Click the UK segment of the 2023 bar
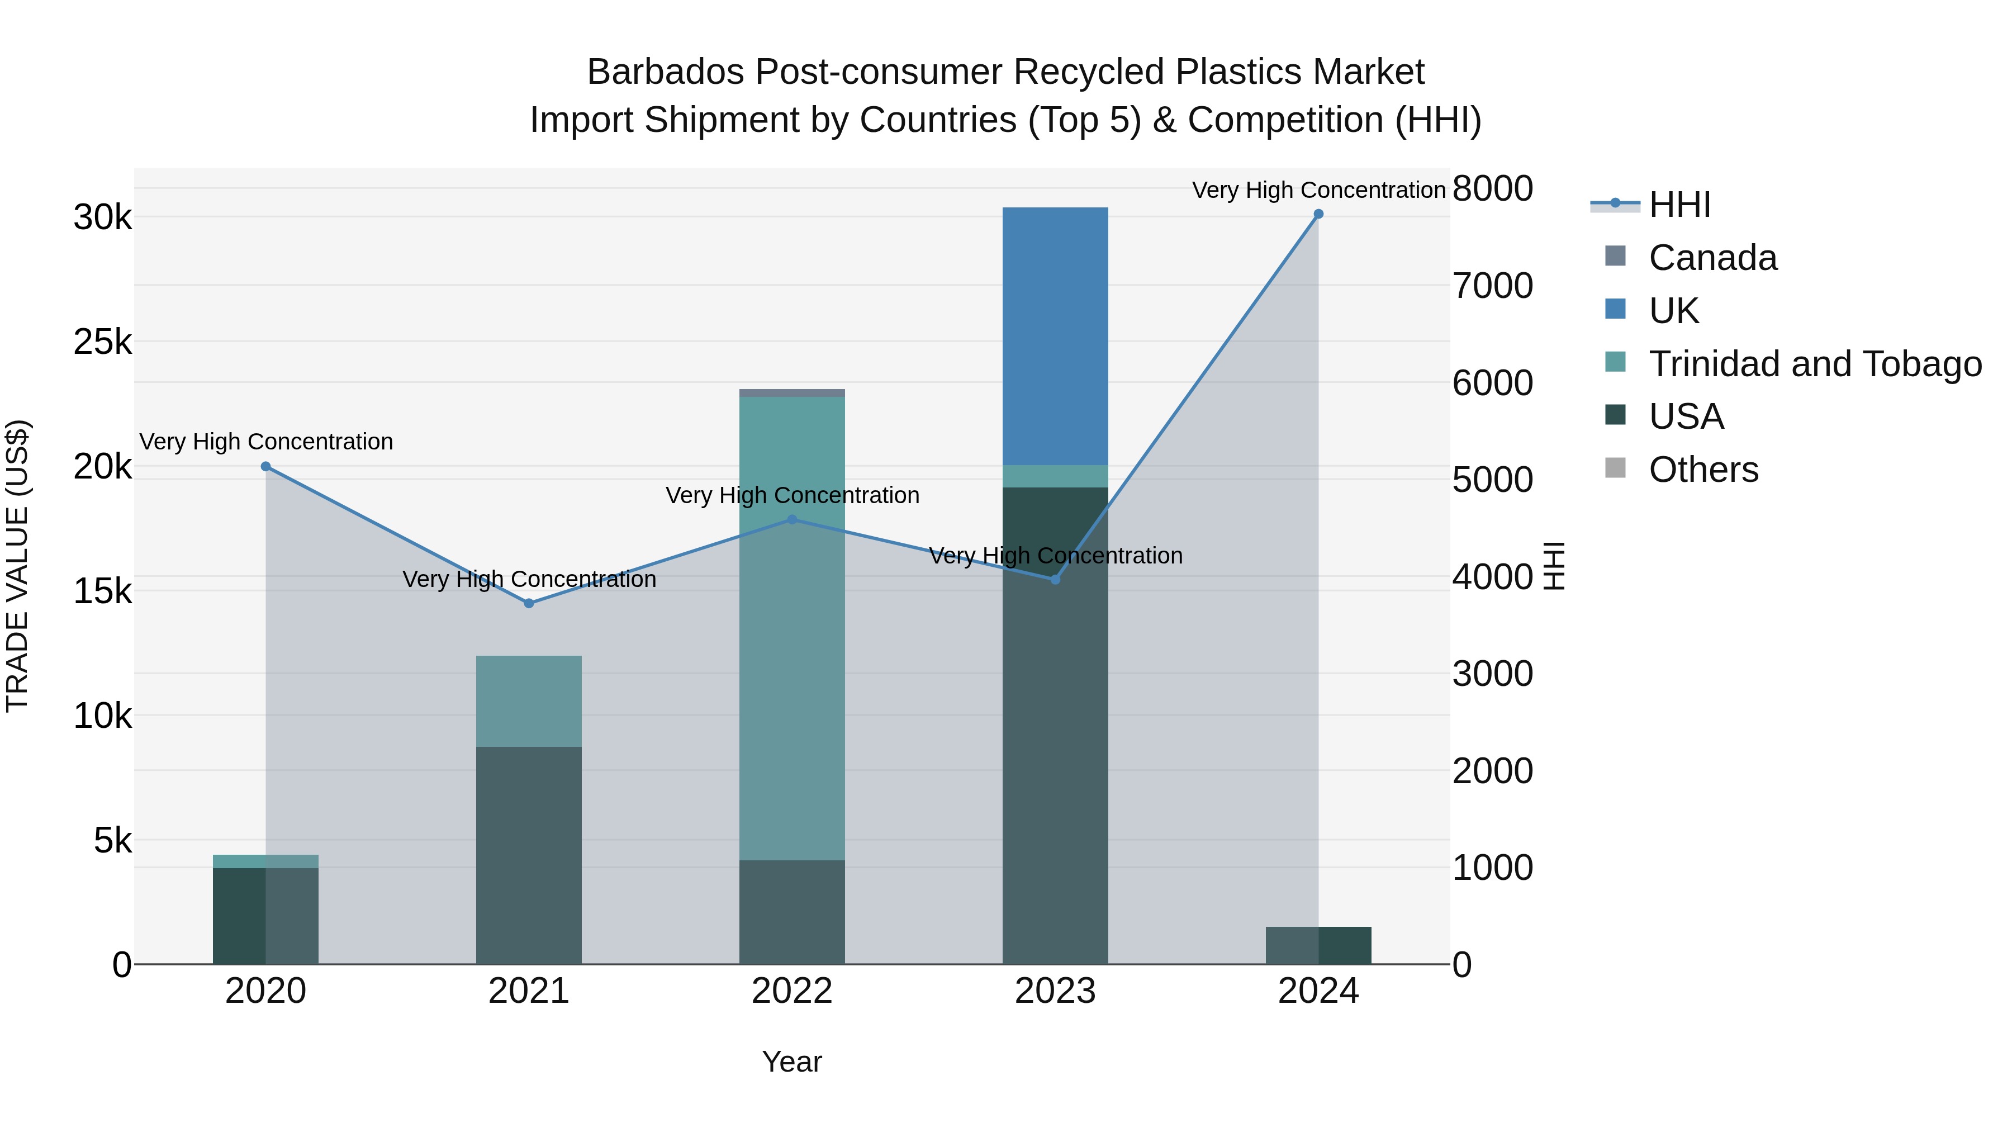[1055, 336]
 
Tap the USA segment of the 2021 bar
[529, 855]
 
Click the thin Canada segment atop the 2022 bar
[791, 393]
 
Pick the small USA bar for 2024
[1318, 945]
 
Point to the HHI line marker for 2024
[1318, 214]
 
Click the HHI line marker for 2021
[529, 603]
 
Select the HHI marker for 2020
[265, 466]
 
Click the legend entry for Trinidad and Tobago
[1814, 364]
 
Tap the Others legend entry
[1703, 470]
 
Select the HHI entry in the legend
[1679, 205]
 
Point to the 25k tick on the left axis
[102, 342]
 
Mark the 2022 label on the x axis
[791, 991]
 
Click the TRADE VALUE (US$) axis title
[17, 566]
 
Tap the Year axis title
[791, 1062]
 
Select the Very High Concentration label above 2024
[1318, 190]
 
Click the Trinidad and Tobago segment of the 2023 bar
[1055, 476]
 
